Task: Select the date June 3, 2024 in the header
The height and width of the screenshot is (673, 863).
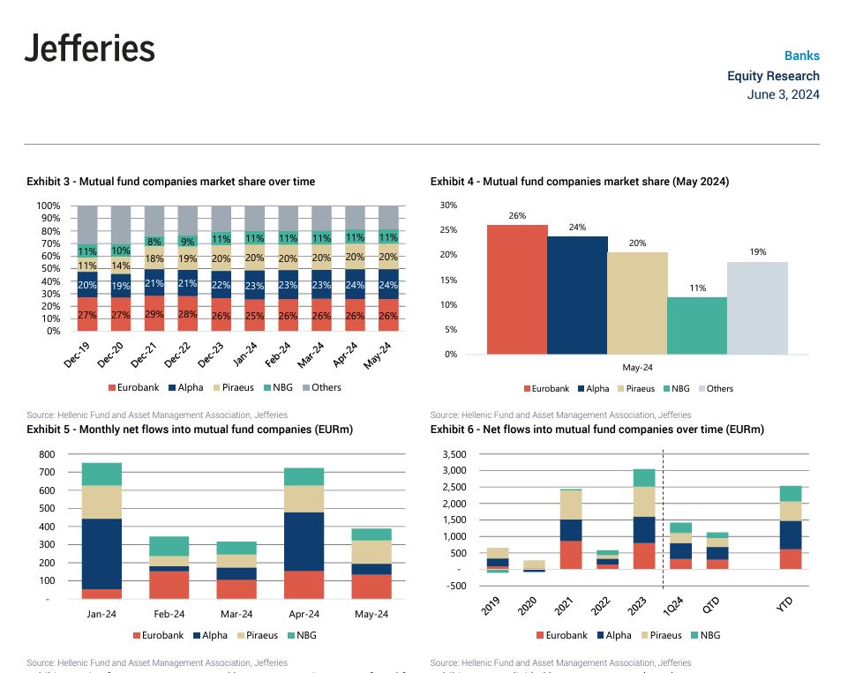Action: click(783, 94)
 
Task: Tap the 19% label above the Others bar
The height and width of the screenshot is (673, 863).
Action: click(757, 251)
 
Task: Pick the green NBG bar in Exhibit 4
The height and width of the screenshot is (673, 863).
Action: click(697, 325)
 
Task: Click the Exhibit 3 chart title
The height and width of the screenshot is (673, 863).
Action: click(170, 182)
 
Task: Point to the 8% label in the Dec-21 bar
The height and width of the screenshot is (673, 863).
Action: click(154, 241)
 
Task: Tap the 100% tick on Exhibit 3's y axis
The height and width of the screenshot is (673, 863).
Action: click(49, 206)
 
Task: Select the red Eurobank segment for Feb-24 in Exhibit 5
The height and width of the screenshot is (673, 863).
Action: click(169, 585)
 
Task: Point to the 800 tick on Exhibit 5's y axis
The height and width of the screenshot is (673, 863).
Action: click(47, 455)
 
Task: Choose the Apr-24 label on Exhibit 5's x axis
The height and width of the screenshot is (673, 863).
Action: click(304, 615)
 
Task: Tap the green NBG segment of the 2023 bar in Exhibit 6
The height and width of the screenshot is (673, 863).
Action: click(644, 478)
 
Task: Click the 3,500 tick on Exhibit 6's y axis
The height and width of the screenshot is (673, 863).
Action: click(451, 455)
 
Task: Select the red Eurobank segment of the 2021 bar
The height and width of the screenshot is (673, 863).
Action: click(571, 555)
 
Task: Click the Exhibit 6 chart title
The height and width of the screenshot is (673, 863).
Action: click(597, 430)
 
